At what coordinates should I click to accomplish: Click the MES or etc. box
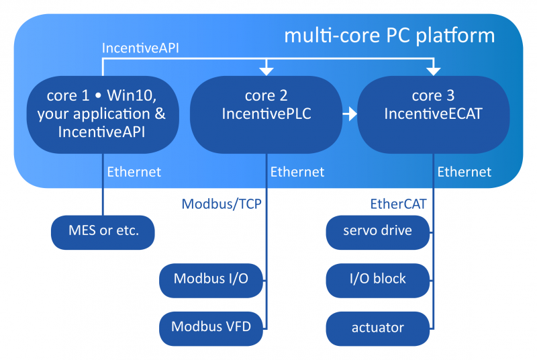(x=103, y=232)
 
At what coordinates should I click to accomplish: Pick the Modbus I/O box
(x=211, y=279)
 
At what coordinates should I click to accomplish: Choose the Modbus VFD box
(x=211, y=327)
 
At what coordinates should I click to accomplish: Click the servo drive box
(x=377, y=232)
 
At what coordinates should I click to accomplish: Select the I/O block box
(x=377, y=279)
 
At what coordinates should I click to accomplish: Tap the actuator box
(x=377, y=327)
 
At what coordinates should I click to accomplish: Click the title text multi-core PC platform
(x=389, y=35)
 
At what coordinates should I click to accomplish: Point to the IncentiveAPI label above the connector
(x=141, y=49)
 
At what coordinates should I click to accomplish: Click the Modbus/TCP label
(x=221, y=203)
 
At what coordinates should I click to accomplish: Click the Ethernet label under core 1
(x=134, y=172)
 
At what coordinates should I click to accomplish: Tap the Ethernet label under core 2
(x=297, y=172)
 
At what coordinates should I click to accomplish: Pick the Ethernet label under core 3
(x=465, y=172)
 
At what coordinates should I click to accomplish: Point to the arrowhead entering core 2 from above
(x=266, y=70)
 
